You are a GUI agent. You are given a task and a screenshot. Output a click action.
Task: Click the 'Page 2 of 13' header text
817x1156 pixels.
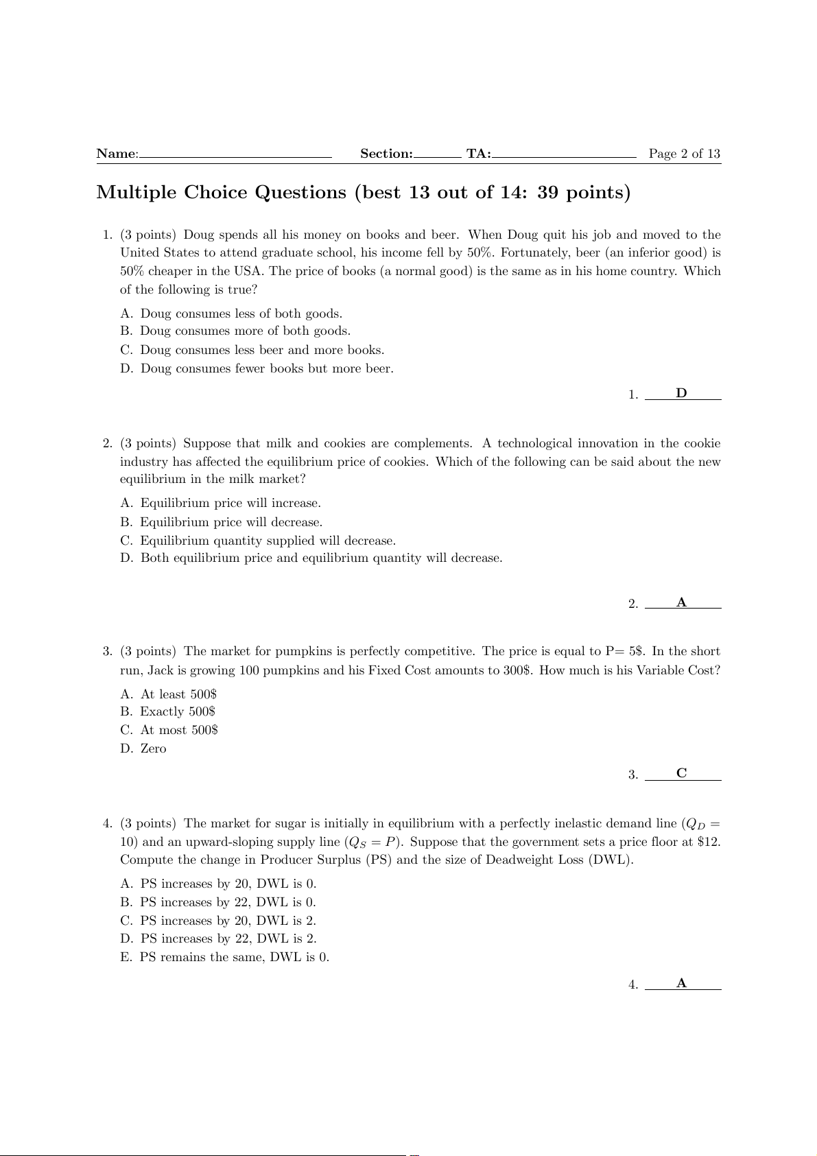point(684,154)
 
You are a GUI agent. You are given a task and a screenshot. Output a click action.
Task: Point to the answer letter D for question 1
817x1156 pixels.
point(681,393)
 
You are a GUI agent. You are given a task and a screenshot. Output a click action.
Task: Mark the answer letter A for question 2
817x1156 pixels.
point(681,602)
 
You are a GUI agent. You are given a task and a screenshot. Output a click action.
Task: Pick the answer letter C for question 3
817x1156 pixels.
point(681,773)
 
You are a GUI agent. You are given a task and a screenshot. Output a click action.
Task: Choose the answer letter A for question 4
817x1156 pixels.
point(681,983)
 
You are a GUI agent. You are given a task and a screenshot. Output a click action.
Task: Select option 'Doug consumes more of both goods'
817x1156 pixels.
point(245,331)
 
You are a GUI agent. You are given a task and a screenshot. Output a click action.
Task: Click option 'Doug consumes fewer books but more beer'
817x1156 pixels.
point(267,368)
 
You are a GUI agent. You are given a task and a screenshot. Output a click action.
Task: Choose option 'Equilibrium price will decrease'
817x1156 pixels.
point(231,522)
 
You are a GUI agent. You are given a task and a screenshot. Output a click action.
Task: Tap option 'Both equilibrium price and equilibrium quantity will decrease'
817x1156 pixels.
point(321,558)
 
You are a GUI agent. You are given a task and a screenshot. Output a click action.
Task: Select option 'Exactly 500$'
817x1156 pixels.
point(178,711)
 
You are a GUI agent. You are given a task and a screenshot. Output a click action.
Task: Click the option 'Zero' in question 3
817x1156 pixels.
point(153,748)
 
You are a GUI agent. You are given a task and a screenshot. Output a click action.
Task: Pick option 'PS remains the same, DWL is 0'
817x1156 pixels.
point(234,957)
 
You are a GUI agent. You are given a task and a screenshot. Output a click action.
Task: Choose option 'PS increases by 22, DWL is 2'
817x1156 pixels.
point(228,939)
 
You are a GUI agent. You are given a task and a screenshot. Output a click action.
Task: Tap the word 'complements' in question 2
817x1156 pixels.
point(432,444)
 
